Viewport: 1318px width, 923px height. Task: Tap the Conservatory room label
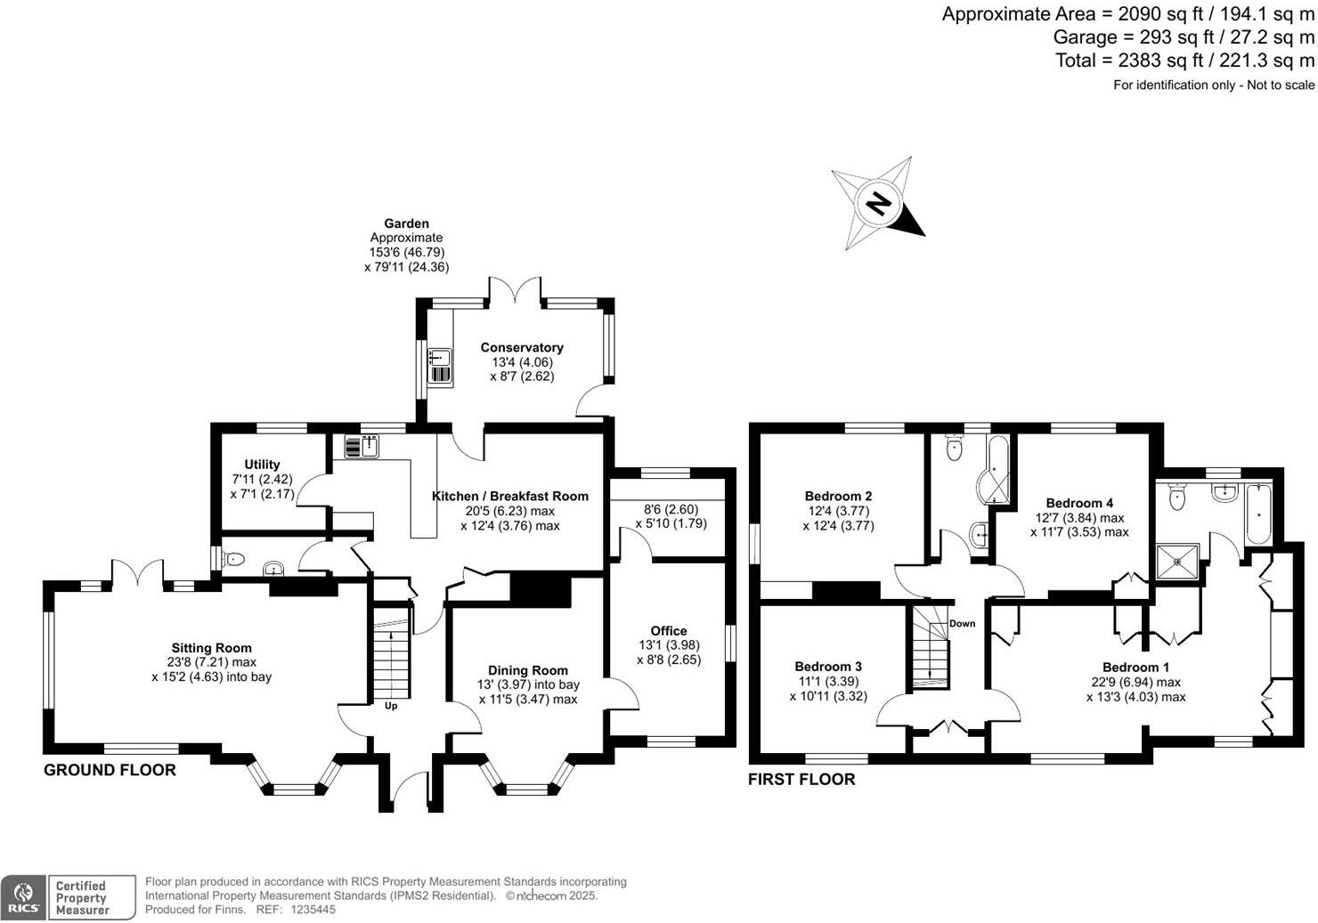click(x=522, y=348)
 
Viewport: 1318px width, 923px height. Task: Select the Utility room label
click(x=262, y=465)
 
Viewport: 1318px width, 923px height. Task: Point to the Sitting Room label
click(x=212, y=648)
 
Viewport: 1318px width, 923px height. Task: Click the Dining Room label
click(x=528, y=670)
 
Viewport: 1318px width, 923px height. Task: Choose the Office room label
click(x=669, y=631)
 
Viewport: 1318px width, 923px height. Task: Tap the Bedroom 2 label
click(x=838, y=496)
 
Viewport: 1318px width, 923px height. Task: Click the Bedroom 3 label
click(x=828, y=666)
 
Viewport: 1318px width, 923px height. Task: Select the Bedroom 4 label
click(x=1079, y=503)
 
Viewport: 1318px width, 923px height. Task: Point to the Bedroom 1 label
click(x=1135, y=668)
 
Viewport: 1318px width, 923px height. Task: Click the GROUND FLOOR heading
click(x=110, y=770)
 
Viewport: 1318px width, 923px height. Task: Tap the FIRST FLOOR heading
click(x=801, y=780)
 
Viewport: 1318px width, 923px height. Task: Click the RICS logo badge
click(x=23, y=897)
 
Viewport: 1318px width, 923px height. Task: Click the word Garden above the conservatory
click(x=406, y=223)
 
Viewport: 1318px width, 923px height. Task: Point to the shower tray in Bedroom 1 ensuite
click(x=1177, y=561)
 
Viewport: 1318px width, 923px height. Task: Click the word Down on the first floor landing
click(x=962, y=624)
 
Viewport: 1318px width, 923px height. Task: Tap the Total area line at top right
click(x=1184, y=61)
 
